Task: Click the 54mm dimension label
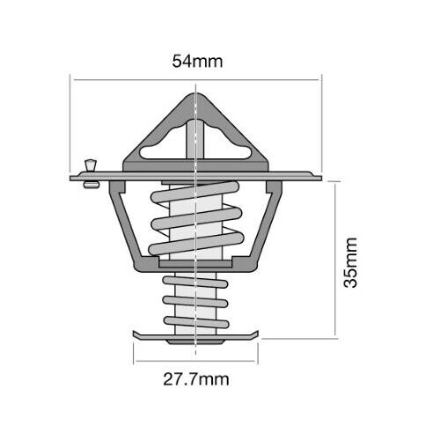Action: tap(197, 62)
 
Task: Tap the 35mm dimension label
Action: tap(351, 262)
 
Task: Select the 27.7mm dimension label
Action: tap(196, 379)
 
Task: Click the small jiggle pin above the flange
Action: tap(91, 165)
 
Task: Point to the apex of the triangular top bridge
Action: tap(195, 94)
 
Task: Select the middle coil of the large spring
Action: tap(196, 218)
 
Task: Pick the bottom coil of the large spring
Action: tap(196, 244)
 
